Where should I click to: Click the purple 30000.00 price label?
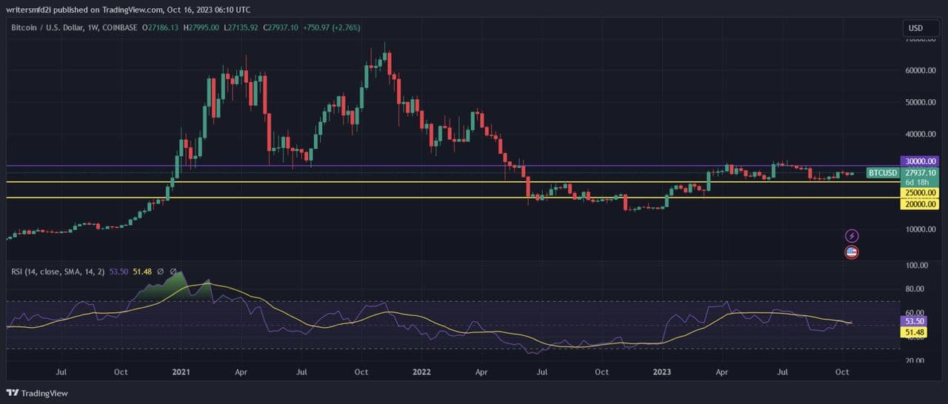[x=919, y=161]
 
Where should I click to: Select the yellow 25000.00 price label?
[x=919, y=192]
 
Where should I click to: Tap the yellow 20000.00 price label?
[x=919, y=205]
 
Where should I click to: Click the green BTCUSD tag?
[x=883, y=172]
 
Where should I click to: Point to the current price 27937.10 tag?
[x=919, y=172]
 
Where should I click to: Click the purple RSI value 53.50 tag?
[x=915, y=322]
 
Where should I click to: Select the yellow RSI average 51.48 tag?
[x=915, y=334]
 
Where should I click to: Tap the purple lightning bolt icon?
[x=852, y=236]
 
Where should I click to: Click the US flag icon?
[x=852, y=252]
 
